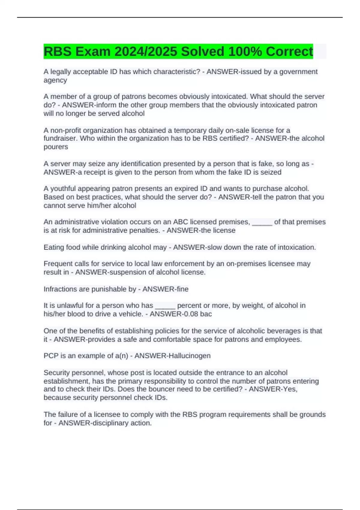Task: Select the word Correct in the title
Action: click(289, 52)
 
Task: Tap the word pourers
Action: click(56, 147)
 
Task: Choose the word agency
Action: click(55, 80)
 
